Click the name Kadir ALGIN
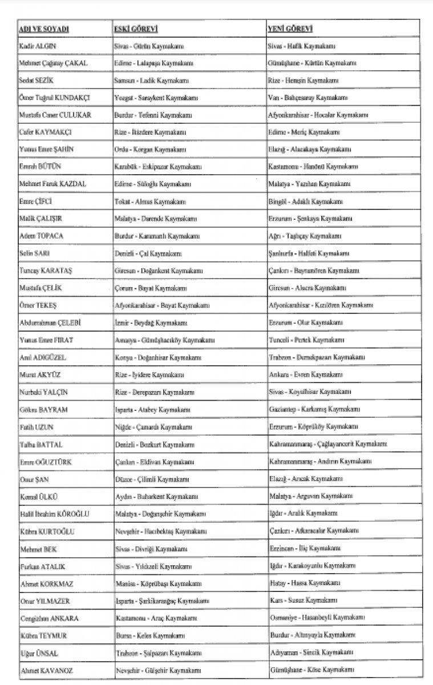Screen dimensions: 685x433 point(37,46)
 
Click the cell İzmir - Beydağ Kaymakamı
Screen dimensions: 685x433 point(149,323)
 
